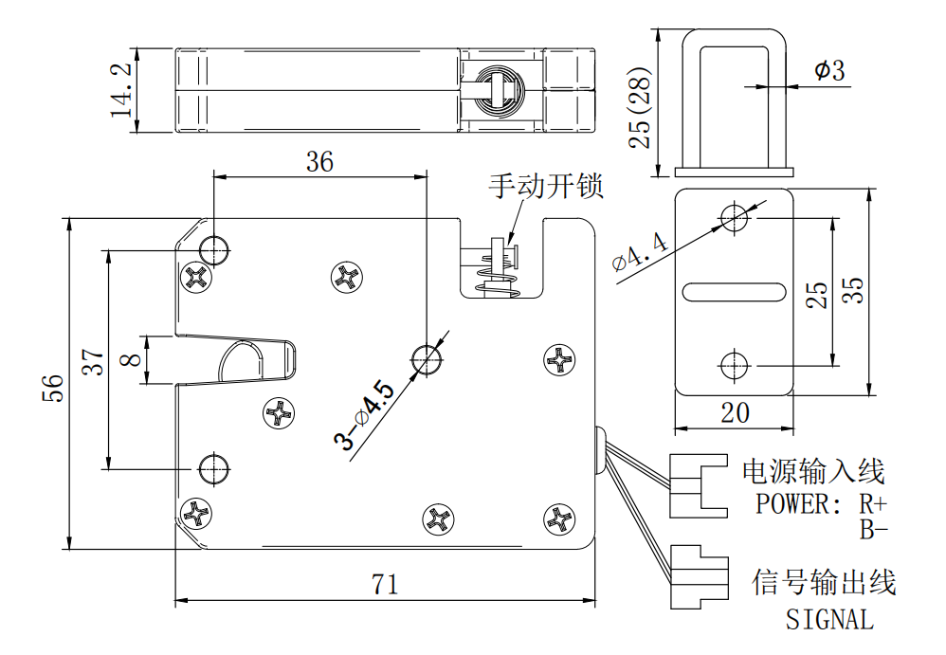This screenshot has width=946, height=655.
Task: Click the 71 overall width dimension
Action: pos(384,584)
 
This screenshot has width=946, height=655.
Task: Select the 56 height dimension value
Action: pos(55,387)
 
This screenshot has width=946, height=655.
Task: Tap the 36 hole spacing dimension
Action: pos(319,162)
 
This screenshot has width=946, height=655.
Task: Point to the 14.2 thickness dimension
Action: pos(121,91)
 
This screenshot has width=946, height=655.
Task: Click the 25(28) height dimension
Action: pos(642,107)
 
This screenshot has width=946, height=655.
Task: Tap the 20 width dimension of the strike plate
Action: pos(735,413)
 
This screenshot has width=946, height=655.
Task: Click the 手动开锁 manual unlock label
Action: pos(545,186)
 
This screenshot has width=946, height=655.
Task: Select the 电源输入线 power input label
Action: pos(812,470)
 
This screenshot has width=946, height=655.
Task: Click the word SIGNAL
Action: pos(829,620)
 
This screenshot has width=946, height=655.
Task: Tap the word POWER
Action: pos(792,503)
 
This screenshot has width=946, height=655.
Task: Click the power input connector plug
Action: pos(698,484)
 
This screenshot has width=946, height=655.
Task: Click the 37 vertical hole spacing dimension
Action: pos(92,361)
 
